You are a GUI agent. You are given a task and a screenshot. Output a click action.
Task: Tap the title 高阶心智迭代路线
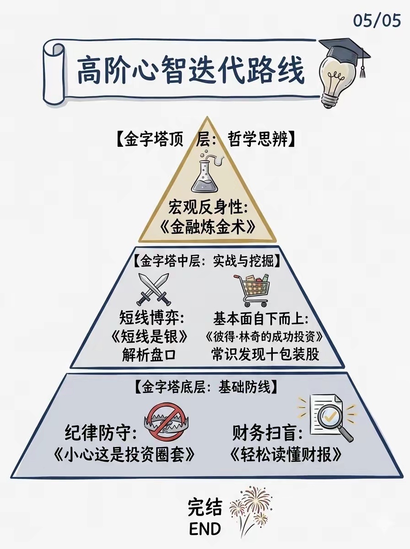(190, 70)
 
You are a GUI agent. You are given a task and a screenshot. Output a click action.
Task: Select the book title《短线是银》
(150, 337)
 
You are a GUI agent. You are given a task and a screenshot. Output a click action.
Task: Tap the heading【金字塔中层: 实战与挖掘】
(207, 262)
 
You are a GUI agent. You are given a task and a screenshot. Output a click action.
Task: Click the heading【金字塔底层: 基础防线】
(206, 387)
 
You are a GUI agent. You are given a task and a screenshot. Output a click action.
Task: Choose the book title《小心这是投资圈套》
(124, 454)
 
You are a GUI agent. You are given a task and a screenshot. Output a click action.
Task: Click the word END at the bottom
(205, 529)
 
